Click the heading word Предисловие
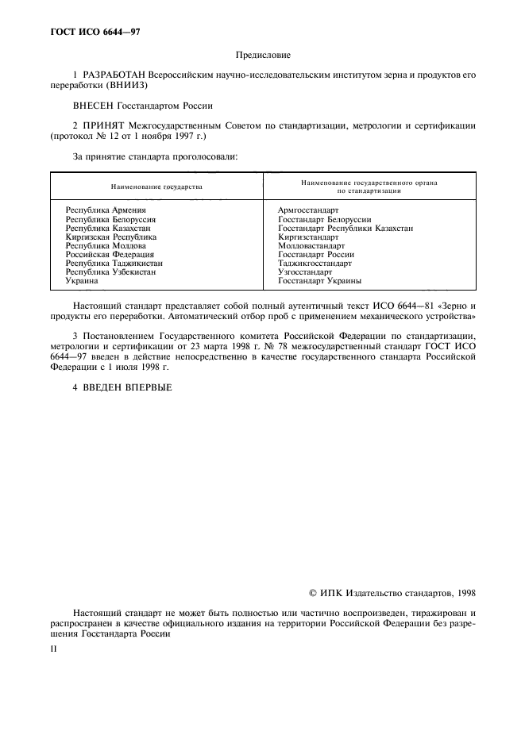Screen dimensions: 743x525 tap(263, 55)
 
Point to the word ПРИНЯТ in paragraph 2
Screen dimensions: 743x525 tap(102, 125)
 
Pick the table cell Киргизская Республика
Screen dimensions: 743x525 tap(111, 237)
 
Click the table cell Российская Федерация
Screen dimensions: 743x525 tap(110, 254)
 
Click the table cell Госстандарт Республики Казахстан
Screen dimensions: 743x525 tap(345, 228)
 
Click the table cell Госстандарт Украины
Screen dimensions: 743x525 tap(320, 281)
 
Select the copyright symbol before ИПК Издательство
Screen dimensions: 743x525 tap(313, 592)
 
